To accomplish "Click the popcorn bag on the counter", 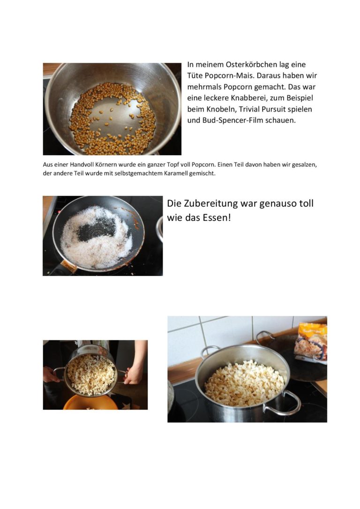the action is point(311,342).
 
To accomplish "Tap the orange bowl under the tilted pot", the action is point(90,403).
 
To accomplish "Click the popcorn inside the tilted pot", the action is point(90,374).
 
